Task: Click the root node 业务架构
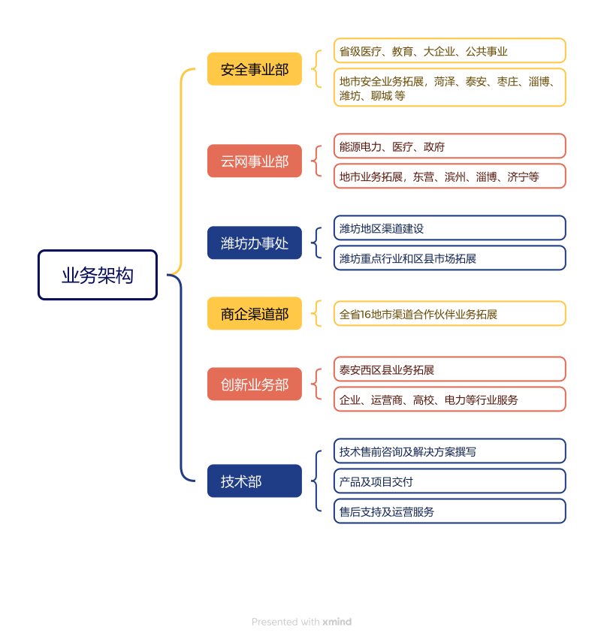click(x=98, y=275)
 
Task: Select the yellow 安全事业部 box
click(x=254, y=70)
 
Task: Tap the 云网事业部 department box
click(x=254, y=161)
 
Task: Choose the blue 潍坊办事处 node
click(x=254, y=243)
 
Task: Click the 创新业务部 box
click(x=254, y=384)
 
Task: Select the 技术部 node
click(x=254, y=481)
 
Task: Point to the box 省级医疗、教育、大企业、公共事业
click(x=449, y=51)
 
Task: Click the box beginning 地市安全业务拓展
click(x=449, y=88)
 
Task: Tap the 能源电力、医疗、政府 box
click(x=449, y=146)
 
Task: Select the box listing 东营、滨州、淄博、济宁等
click(x=449, y=176)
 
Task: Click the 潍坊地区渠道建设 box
click(x=449, y=228)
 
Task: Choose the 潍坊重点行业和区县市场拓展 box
click(x=449, y=258)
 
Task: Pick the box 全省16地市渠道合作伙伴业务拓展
click(x=449, y=314)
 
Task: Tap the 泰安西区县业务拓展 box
click(x=449, y=369)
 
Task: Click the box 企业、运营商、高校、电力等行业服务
click(x=449, y=399)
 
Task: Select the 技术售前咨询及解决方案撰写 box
click(x=449, y=451)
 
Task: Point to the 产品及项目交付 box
click(x=449, y=481)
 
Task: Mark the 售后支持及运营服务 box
click(x=449, y=511)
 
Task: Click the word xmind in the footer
click(x=337, y=622)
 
